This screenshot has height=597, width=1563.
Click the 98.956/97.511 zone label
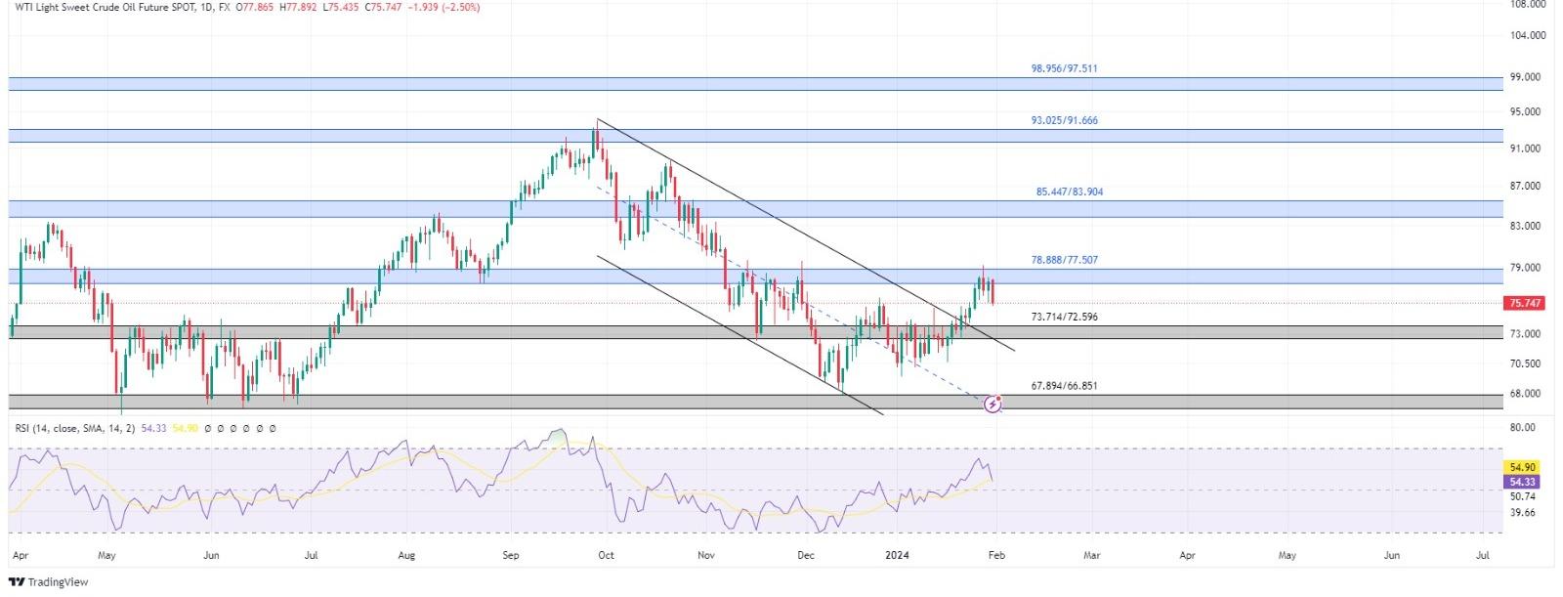(1071, 69)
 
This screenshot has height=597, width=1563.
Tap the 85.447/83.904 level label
(1069, 192)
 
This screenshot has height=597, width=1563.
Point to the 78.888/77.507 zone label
(1064, 261)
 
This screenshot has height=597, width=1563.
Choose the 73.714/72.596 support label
(1064, 318)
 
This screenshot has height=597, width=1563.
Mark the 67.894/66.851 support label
(1064, 386)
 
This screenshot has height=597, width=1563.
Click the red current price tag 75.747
(1525, 304)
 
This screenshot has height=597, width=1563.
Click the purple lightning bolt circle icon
(993, 404)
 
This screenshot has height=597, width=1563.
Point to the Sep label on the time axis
(511, 555)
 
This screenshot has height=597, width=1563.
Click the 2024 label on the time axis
(897, 555)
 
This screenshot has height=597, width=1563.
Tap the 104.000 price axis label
(1527, 35)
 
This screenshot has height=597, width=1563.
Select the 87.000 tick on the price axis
(1527, 186)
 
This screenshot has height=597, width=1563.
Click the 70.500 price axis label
(1527, 363)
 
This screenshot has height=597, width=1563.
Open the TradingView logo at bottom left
(48, 582)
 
